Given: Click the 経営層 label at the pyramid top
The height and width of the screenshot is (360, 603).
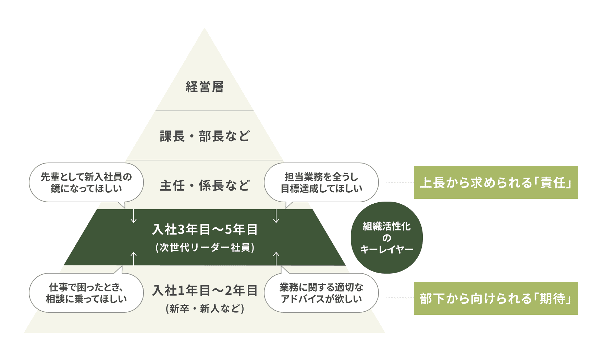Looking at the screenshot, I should [205, 87].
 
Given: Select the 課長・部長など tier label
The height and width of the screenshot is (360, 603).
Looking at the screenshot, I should [205, 136].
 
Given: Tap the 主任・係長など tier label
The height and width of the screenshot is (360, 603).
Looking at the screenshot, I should [205, 185].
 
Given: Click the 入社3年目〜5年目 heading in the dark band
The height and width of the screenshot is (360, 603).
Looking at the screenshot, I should [205, 229].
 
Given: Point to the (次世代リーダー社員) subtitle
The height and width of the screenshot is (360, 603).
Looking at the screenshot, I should [205, 247].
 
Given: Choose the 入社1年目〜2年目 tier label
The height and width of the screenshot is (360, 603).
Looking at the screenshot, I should [205, 290].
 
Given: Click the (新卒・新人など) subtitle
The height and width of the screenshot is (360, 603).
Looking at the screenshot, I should [205, 309].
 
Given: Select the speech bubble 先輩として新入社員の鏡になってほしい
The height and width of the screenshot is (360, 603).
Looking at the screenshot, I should [86, 182].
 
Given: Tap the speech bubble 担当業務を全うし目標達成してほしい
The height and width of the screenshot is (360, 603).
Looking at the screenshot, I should [321, 182].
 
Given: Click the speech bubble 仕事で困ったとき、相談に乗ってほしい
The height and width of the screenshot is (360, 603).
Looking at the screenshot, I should [86, 293].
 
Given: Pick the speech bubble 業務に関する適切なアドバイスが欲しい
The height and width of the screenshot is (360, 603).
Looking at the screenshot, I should [321, 293].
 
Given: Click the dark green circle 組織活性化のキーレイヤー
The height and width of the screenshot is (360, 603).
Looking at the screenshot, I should [386, 238].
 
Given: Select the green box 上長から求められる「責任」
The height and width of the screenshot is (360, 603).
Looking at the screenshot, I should [496, 182].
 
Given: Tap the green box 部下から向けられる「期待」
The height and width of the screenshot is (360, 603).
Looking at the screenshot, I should [496, 298].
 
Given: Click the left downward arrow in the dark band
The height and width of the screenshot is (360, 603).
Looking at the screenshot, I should [134, 216].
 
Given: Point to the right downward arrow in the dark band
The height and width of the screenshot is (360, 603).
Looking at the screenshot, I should [276, 216].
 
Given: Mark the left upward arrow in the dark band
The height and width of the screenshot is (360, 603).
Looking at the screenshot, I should [134, 258].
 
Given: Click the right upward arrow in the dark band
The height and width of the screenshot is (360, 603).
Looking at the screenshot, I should [276, 258].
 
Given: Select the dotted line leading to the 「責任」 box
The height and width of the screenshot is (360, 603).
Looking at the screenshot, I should [400, 182].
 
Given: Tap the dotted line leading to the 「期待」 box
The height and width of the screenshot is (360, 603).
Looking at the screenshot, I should [400, 298].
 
